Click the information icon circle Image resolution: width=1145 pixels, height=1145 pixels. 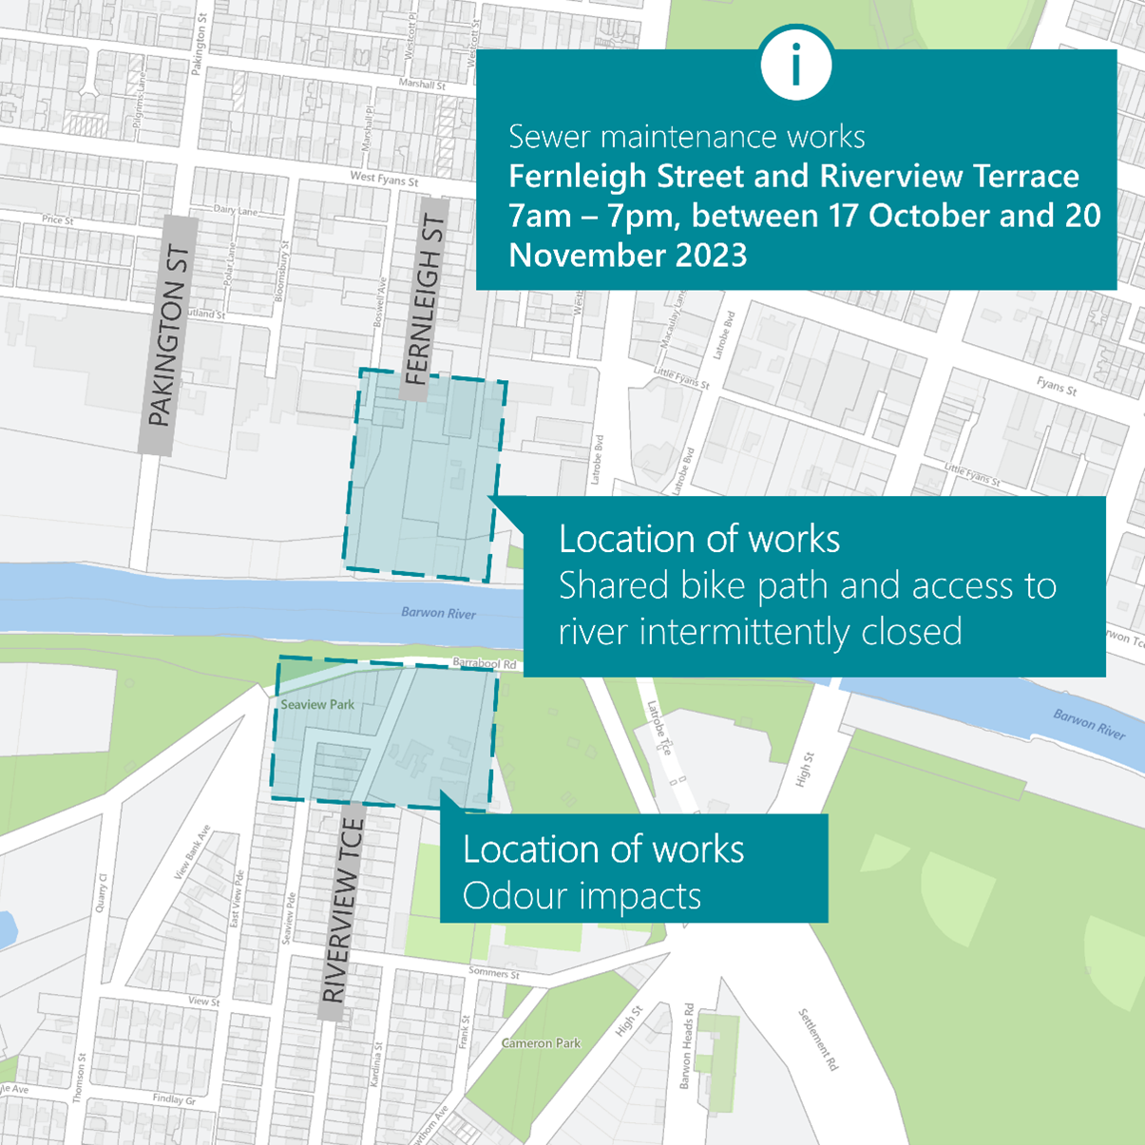tap(796, 64)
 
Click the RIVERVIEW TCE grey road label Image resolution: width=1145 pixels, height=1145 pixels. tap(342, 910)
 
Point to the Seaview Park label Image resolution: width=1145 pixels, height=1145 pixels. tap(317, 705)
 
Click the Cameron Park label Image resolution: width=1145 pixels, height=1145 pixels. tap(541, 1043)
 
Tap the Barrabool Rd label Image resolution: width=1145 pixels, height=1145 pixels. tap(485, 662)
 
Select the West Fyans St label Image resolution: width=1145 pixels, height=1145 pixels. tap(384, 179)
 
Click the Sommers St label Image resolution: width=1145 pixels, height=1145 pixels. tap(494, 972)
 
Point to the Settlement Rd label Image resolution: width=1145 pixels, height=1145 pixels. tap(818, 1040)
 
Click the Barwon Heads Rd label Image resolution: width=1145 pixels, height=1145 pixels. tap(687, 1045)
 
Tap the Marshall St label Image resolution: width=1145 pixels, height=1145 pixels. tap(422, 85)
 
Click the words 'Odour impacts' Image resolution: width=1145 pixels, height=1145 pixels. tap(582, 896)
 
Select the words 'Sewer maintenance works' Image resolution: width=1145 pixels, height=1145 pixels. tap(686, 137)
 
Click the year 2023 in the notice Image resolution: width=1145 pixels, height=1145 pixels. tap(707, 256)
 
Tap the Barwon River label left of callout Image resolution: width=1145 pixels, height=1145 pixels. tap(438, 613)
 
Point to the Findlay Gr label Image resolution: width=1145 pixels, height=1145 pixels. tap(173, 1099)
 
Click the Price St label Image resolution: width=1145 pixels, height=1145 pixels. tap(58, 220)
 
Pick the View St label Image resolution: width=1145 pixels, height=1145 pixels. tap(203, 1002)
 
